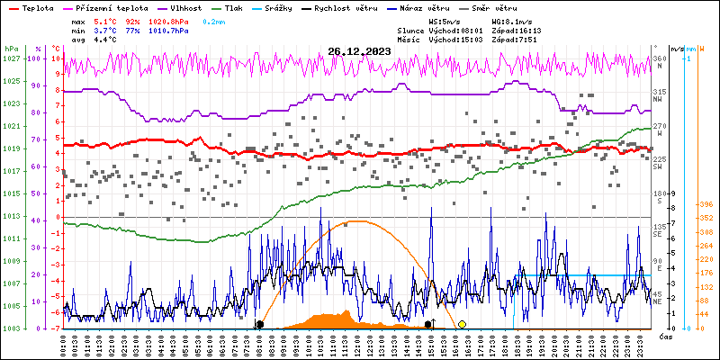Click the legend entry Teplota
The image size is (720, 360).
[37, 7]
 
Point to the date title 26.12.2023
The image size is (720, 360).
[361, 51]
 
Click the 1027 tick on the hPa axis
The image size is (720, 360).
[11, 58]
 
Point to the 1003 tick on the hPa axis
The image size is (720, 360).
[11, 328]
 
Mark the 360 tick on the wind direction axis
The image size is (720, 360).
[660, 58]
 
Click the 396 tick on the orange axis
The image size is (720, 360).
[705, 203]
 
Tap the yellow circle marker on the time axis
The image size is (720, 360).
[462, 324]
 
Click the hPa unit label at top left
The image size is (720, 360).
[11, 49]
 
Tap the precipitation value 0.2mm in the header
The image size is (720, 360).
[214, 20]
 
